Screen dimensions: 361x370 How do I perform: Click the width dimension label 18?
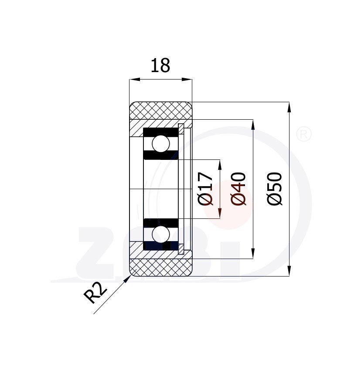[160, 66]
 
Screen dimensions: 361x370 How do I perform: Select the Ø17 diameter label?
[206, 189]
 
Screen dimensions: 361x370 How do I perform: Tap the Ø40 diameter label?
[238, 189]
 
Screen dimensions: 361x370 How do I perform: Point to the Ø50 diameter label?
[275, 189]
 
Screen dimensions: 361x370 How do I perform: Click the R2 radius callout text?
[95, 293]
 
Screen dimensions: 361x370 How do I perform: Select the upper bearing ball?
[161, 143]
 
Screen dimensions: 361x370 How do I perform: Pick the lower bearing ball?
[161, 234]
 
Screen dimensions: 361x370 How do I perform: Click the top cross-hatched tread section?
[161, 111]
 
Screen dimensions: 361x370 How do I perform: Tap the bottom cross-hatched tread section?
[161, 267]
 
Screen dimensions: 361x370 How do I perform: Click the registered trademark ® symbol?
[303, 135]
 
